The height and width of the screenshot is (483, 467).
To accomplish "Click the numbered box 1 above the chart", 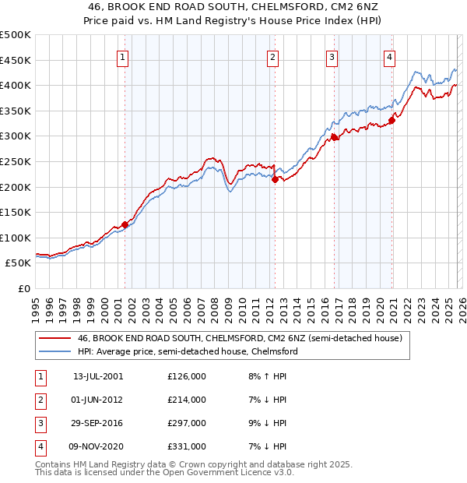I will [124, 56].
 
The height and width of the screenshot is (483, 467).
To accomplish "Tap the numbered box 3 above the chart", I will [332, 56].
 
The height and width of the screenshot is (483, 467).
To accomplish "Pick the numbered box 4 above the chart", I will [389, 56].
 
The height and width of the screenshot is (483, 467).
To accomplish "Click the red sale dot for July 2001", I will [125, 224].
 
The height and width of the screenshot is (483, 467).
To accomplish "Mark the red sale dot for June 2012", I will [274, 179].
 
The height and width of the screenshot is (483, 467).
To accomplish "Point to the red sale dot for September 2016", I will [333, 137].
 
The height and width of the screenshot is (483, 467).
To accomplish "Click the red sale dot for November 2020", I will [392, 120].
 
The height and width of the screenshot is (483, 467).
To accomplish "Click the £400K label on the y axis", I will [16, 85].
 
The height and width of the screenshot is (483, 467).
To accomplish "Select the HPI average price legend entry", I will [187, 352].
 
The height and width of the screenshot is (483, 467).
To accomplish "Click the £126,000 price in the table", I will [187, 376].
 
